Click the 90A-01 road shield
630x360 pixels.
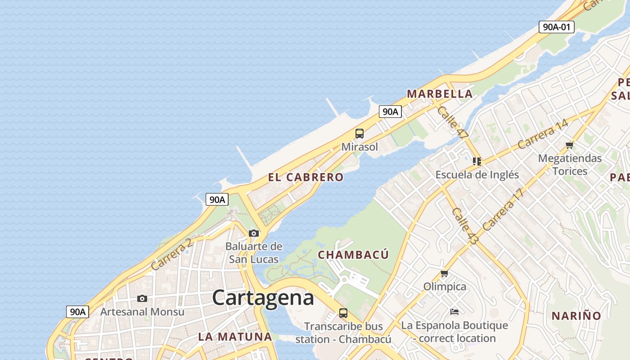pos(556,27)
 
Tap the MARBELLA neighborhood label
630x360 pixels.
pos(440,94)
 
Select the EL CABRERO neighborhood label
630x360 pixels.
pos(306,177)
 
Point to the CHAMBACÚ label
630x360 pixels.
pos(353,255)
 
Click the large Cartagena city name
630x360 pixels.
pos(263,298)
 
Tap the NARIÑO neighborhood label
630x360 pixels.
pos(576,316)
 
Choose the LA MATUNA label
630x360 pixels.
pos(235,337)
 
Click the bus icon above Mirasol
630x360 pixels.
pos(359,134)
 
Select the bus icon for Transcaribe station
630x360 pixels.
pos(343,313)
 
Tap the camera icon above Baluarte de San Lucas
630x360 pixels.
pos(254,233)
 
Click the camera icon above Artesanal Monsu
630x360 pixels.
pos(142,299)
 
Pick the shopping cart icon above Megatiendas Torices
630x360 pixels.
pos(570,145)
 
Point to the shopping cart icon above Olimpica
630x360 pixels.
pos(445,274)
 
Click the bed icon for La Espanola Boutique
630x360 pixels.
pos(454,312)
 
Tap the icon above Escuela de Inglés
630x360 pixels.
pos(477,161)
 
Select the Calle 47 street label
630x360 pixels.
pos(453,122)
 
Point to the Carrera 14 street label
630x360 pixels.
pos(542,134)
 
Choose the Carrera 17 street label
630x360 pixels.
pos(504,209)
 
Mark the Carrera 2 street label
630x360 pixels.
pos(171,254)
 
